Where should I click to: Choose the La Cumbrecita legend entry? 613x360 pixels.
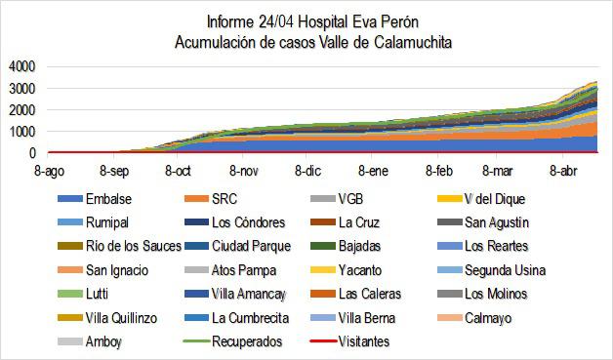click(x=252, y=318)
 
